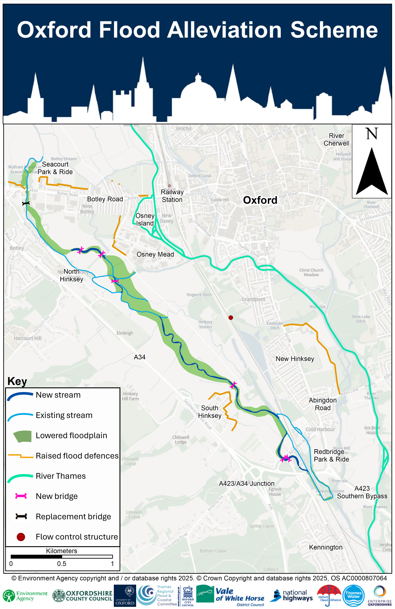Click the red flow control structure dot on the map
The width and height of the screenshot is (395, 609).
pyautogui.click(x=231, y=318)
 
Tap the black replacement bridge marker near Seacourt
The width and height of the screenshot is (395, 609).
pyautogui.click(x=26, y=203)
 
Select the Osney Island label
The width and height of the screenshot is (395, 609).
pyautogui.click(x=145, y=220)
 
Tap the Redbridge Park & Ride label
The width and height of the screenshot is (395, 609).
pyautogui.click(x=331, y=455)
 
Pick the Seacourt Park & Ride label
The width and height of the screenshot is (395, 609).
pyautogui.click(x=55, y=168)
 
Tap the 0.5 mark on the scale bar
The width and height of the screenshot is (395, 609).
pyautogui.click(x=62, y=564)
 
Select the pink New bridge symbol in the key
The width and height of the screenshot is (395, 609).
pyautogui.click(x=21, y=496)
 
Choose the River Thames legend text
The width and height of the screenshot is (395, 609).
pyautogui.click(x=61, y=476)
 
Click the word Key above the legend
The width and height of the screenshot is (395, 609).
pyautogui.click(x=17, y=381)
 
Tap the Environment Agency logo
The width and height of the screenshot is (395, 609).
pyautogui.click(x=25, y=596)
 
